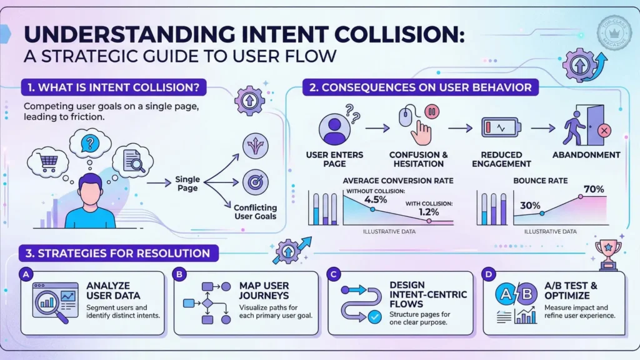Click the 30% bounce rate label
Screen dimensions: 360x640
(x=531, y=204)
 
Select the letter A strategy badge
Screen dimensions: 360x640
(x=26, y=274)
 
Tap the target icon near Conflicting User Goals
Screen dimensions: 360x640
(x=255, y=182)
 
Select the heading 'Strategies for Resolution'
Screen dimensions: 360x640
(x=119, y=254)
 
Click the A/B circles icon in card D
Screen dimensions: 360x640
(x=514, y=294)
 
